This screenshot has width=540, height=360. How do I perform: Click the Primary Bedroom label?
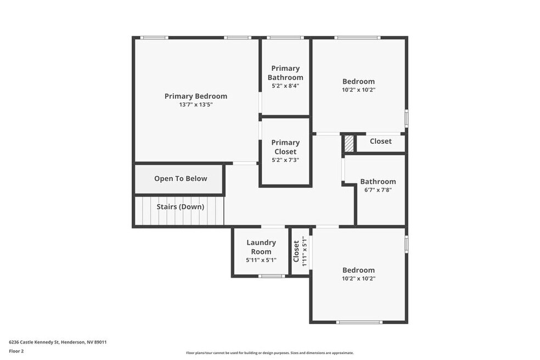pyautogui.click(x=195, y=96)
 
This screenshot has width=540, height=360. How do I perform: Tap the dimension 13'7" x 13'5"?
pyautogui.click(x=195, y=105)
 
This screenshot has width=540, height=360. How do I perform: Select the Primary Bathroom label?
pyautogui.click(x=285, y=72)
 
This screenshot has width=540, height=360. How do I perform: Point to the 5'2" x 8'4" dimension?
pyautogui.click(x=285, y=86)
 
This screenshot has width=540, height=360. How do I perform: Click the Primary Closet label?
pyautogui.click(x=285, y=147)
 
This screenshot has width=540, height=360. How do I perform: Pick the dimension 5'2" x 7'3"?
pyautogui.click(x=285, y=160)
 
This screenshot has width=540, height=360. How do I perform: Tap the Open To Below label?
pyautogui.click(x=181, y=178)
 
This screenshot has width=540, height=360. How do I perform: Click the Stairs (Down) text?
pyautogui.click(x=181, y=207)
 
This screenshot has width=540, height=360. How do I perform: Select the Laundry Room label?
pyautogui.click(x=261, y=246)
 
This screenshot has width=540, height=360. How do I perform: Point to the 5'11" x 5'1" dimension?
pyautogui.click(x=261, y=260)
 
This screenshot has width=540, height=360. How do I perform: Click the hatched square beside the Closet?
pyautogui.click(x=349, y=143)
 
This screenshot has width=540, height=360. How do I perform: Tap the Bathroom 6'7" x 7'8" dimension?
pyautogui.click(x=378, y=190)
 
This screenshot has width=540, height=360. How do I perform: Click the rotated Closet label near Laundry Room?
pyautogui.click(x=296, y=251)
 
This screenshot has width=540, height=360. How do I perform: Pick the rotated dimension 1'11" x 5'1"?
pyautogui.click(x=304, y=251)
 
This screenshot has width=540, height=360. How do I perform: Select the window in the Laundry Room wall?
pyautogui.click(x=272, y=276)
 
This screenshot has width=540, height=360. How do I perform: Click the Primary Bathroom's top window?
pyautogui.click(x=285, y=37)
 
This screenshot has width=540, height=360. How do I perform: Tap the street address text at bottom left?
pyautogui.click(x=58, y=342)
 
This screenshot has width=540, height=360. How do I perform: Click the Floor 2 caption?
pyautogui.click(x=16, y=351)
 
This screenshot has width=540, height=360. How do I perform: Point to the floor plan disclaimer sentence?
pyautogui.click(x=269, y=353)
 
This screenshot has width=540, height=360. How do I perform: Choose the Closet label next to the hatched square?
pyautogui.click(x=380, y=141)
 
